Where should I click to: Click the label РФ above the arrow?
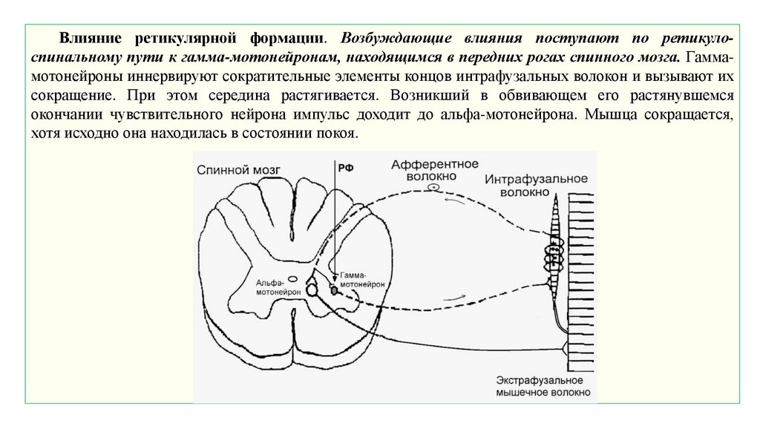[345, 168]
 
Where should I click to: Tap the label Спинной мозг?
[239, 169]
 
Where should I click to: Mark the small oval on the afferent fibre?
[433, 189]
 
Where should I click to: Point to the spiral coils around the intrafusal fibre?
[554, 257]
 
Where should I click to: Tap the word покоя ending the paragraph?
[337, 134]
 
